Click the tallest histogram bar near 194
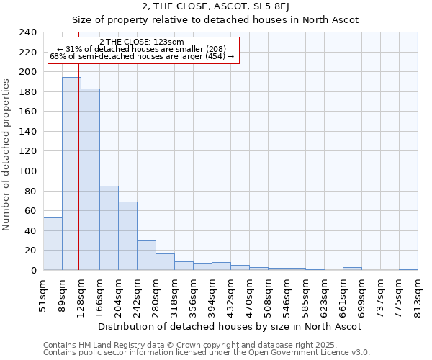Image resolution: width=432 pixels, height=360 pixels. [71, 174]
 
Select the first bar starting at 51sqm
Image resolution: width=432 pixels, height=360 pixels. [53, 244]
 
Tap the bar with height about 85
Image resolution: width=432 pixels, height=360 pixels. [109, 228]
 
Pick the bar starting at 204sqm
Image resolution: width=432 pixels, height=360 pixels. [127, 236]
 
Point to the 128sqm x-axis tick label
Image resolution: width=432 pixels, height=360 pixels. [81, 294]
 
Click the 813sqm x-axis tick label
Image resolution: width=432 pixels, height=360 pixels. [418, 294]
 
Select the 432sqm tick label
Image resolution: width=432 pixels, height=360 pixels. [231, 294]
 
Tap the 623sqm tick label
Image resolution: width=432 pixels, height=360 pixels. [325, 294]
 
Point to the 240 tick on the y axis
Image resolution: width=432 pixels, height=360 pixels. [28, 32]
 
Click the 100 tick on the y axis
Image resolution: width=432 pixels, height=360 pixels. [28, 171]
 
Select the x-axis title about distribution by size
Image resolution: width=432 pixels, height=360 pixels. [230, 326]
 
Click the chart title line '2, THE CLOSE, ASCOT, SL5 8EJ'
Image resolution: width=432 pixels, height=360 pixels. [230, 6]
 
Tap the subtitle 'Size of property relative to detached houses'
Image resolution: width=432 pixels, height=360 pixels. [230, 19]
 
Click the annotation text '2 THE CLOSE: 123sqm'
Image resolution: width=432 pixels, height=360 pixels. [142, 42]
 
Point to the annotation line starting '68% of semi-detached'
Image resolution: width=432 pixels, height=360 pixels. [142, 56]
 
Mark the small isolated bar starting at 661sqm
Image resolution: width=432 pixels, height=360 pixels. [352, 269]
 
